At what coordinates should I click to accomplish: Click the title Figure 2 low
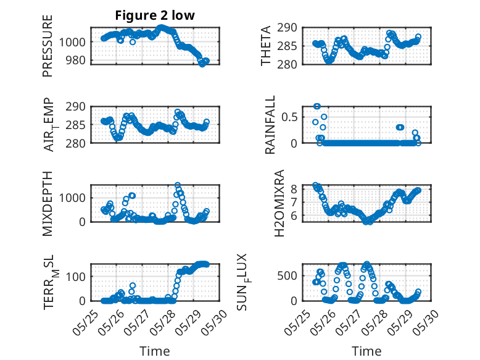[155, 16]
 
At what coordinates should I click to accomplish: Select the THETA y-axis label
[267, 46]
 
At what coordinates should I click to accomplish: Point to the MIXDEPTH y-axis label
[48, 203]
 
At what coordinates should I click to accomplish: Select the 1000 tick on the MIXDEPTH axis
[74, 198]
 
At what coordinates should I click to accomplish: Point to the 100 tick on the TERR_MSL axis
[77, 276]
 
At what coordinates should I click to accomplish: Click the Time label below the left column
[154, 351]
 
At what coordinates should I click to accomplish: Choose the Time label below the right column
[366, 351]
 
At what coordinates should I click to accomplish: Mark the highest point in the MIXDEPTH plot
[178, 185]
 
